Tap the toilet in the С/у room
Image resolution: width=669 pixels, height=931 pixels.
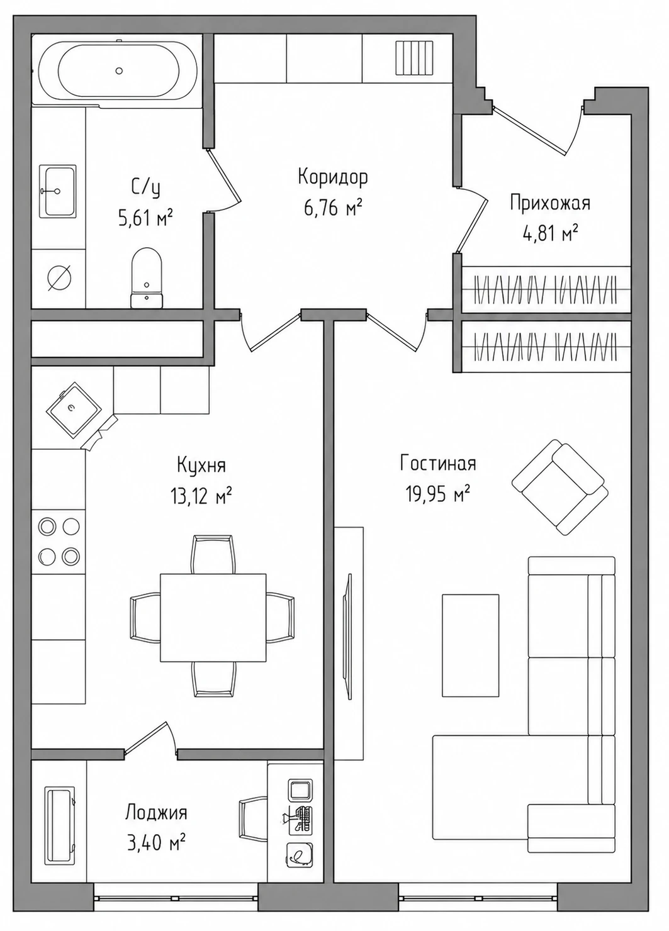pos(147,277)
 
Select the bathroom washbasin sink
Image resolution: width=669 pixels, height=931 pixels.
pos(58,191)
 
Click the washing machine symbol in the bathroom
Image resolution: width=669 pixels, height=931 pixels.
pos(59,277)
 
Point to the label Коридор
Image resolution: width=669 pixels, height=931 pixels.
pos(333,177)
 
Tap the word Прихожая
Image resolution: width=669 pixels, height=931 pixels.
pos(549,204)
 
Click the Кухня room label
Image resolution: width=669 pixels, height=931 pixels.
pos(201,465)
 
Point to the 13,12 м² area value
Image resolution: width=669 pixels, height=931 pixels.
pos(201,495)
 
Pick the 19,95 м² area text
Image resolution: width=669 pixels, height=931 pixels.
pos(438,494)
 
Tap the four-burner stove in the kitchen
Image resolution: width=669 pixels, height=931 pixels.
pos(59,541)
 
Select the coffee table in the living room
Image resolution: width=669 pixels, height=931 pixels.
pos(470,645)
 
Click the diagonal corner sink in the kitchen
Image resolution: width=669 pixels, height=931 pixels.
pos(73,410)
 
